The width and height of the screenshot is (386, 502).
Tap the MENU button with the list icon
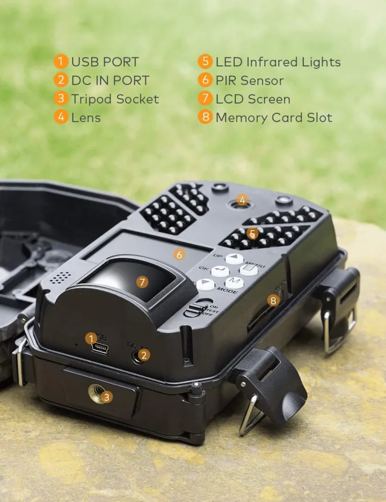[249, 269]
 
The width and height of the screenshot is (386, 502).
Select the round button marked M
[235, 282]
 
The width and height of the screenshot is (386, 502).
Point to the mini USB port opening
[100, 348]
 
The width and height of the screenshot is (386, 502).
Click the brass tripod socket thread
[97, 394]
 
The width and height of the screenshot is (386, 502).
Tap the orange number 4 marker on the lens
[242, 200]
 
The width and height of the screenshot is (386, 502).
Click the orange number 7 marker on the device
[142, 281]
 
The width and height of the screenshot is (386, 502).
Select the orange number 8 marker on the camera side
[273, 300]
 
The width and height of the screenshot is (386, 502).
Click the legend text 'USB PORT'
[105, 62]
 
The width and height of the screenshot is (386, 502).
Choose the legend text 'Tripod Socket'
[115, 99]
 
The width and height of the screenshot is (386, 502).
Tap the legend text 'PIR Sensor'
[249, 81]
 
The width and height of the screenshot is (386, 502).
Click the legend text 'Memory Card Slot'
[274, 118]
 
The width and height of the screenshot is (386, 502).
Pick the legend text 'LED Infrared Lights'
[278, 62]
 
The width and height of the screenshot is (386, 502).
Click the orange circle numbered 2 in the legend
[61, 81]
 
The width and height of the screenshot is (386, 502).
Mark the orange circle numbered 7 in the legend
[205, 99]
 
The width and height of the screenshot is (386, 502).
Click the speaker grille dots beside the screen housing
[61, 277]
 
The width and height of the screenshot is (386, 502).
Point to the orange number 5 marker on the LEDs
[253, 233]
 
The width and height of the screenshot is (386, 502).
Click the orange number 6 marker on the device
[179, 255]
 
